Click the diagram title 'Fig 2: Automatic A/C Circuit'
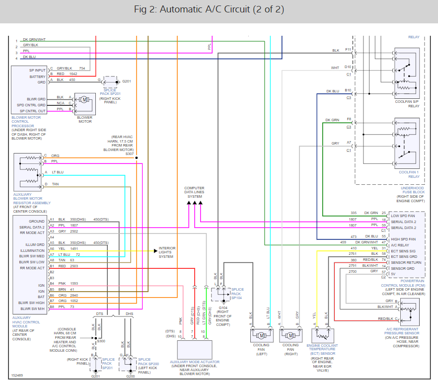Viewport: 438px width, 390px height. (192, 9)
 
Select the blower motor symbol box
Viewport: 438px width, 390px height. (85, 104)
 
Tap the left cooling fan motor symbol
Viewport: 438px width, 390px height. (261, 335)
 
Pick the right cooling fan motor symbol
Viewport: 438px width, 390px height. (291, 335)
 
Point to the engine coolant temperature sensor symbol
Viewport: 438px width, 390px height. (323, 335)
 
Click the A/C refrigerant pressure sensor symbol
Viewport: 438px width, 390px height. (410, 312)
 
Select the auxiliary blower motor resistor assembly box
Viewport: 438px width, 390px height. (28, 172)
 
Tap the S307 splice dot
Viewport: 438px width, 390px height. (137, 158)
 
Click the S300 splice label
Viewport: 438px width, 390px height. (101, 341)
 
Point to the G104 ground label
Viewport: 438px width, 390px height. (223, 308)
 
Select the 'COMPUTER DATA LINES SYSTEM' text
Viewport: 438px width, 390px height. (195, 192)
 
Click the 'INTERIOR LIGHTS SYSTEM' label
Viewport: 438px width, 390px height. (167, 252)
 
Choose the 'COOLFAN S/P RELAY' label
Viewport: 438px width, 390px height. (407, 104)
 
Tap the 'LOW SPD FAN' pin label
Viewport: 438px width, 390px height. (403, 216)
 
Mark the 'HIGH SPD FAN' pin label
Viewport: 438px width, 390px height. (403, 239)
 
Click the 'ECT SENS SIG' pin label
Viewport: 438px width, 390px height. (403, 251)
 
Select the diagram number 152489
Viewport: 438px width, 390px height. (17, 376)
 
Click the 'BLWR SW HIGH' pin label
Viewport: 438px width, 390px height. (31, 303)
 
